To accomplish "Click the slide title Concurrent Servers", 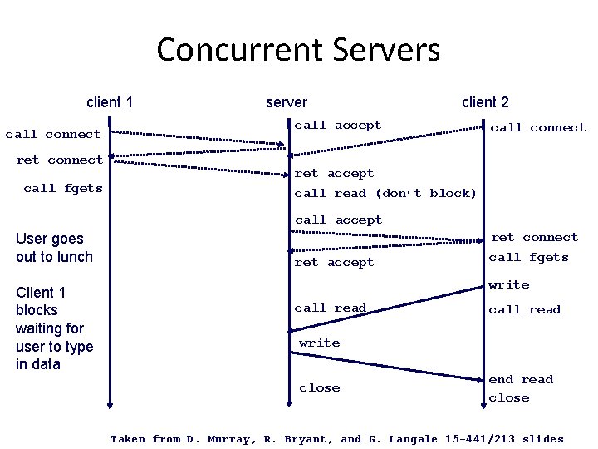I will pyautogui.click(x=298, y=50).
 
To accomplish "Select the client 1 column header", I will pyautogui.click(x=110, y=102).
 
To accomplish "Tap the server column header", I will pyautogui.click(x=287, y=102).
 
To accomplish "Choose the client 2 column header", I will pyautogui.click(x=485, y=102).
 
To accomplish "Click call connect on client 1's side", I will pyautogui.click(x=52, y=134).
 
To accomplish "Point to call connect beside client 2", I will pyautogui.click(x=537, y=127).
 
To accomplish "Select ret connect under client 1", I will pyautogui.click(x=60, y=160).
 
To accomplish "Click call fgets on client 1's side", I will pyautogui.click(x=63, y=189).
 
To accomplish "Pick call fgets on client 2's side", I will pyautogui.click(x=529, y=258).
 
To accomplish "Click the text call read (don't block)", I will pyautogui.click(x=385, y=193).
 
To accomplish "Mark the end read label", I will pyautogui.click(x=521, y=379).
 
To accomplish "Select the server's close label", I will pyautogui.click(x=320, y=387).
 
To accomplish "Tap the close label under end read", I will pyautogui.click(x=509, y=398).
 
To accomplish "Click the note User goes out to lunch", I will pyautogui.click(x=54, y=248).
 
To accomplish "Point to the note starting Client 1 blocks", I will pyautogui.click(x=54, y=328).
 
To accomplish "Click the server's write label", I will pyautogui.click(x=320, y=343).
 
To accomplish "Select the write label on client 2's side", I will pyautogui.click(x=509, y=284).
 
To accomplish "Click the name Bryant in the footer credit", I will pyautogui.click(x=310, y=439).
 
